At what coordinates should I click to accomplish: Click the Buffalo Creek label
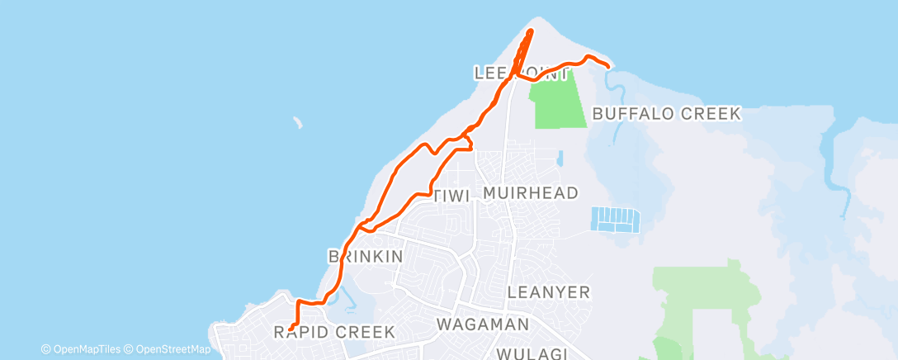667,114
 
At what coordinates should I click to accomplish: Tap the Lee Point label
522,73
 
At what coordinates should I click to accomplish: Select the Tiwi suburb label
451,196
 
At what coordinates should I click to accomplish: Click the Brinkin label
366,256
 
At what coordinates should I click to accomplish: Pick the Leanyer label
548,291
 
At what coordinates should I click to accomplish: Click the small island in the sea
296,124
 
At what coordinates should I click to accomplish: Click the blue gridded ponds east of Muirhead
616,219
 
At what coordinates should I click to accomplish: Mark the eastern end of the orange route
608,65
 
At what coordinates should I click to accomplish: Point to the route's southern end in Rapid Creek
291,331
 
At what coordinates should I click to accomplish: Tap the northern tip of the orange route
529,31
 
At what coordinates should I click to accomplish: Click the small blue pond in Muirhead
559,157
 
